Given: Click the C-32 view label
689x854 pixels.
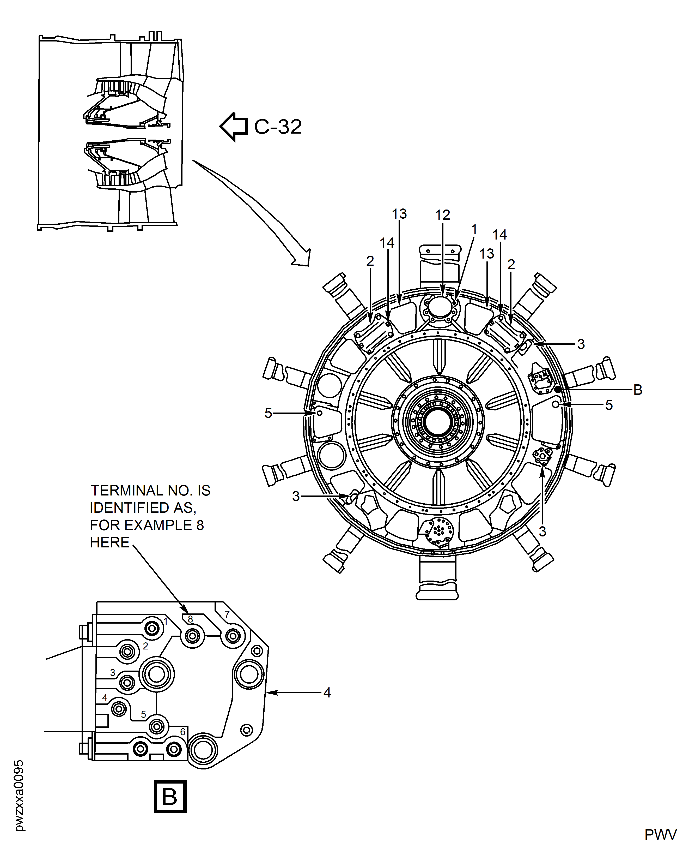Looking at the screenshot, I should coord(278,127).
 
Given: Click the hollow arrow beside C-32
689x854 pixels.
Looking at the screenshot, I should coord(234,127).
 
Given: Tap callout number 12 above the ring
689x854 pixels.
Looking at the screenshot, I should coord(443,215).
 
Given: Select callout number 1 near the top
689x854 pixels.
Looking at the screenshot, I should coord(474,230).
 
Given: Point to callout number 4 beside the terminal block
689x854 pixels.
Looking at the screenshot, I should coord(327,693).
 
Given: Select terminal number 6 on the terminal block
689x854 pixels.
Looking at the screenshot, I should coord(182,731).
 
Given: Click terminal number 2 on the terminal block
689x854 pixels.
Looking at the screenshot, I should coord(146,646).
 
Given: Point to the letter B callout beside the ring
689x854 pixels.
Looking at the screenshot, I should coord(638,390).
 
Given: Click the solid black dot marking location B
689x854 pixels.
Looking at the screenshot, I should coord(558,389).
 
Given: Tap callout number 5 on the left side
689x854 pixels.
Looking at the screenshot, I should coord(268,413).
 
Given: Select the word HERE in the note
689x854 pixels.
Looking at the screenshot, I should coord(109,542).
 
